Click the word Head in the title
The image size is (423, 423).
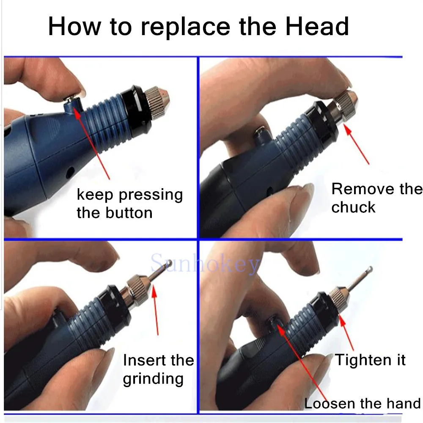317,26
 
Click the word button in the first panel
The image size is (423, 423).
129,213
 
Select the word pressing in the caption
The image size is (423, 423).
151,195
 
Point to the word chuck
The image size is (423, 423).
353,207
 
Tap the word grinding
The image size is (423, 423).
153,379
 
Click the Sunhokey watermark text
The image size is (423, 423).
205,264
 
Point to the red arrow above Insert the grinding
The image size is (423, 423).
155,310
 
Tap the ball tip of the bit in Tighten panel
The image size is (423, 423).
369,269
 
